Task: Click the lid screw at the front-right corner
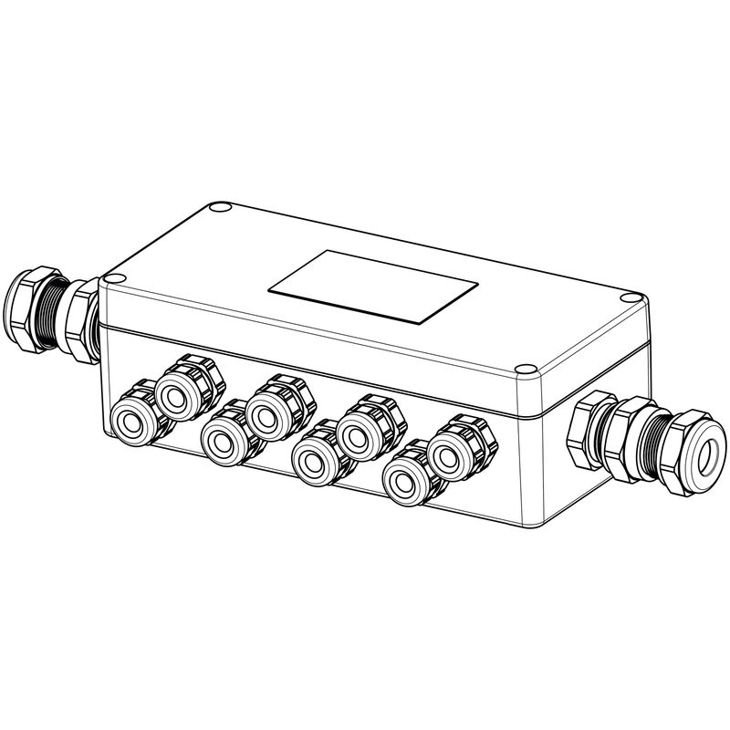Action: (x=524, y=372)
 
